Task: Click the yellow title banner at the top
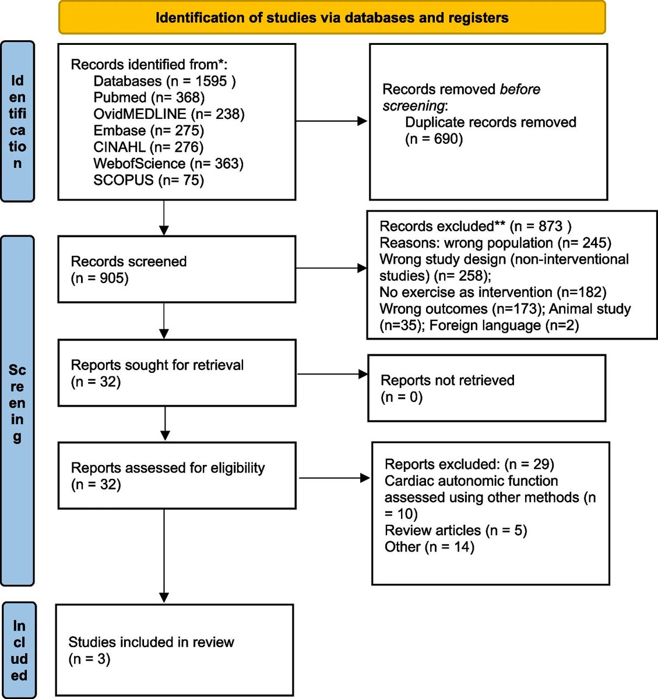(x=332, y=17)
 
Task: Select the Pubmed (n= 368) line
(x=149, y=97)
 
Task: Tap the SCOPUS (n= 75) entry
(x=148, y=180)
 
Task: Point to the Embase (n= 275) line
(x=148, y=130)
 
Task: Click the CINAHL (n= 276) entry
(x=148, y=147)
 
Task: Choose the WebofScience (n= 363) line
(x=168, y=164)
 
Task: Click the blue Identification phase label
(x=17, y=121)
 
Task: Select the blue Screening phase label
(x=17, y=410)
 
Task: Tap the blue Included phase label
(x=19, y=650)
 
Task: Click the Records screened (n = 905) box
(x=177, y=269)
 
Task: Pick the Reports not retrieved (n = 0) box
(x=487, y=388)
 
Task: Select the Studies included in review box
(x=174, y=650)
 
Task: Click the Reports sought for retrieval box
(x=177, y=373)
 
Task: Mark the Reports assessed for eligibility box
(x=177, y=475)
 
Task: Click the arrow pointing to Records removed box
(x=332, y=121)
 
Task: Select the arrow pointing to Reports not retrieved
(x=332, y=374)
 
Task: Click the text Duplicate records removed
(x=490, y=122)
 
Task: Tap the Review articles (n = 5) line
(x=455, y=531)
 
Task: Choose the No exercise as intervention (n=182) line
(x=492, y=292)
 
